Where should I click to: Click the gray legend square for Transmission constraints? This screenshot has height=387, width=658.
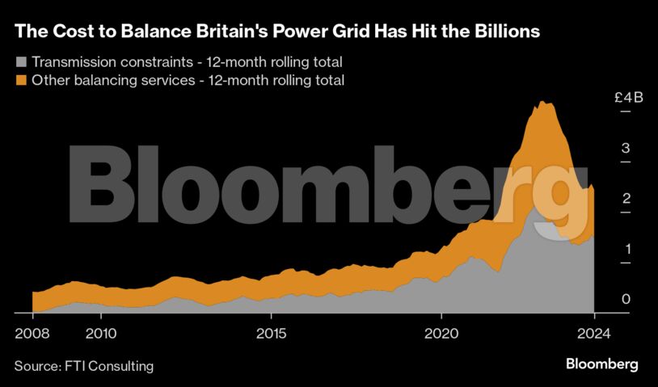[20, 62]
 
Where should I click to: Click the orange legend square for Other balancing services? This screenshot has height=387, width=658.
[20, 80]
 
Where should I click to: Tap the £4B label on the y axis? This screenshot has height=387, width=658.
[627, 98]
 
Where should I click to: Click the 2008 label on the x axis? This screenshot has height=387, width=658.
[32, 333]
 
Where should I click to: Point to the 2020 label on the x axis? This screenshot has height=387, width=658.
[441, 333]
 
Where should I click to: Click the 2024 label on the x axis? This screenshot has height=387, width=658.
[593, 333]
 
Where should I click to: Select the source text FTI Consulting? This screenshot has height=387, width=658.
[108, 366]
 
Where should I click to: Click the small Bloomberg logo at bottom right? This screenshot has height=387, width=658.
[601, 364]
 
